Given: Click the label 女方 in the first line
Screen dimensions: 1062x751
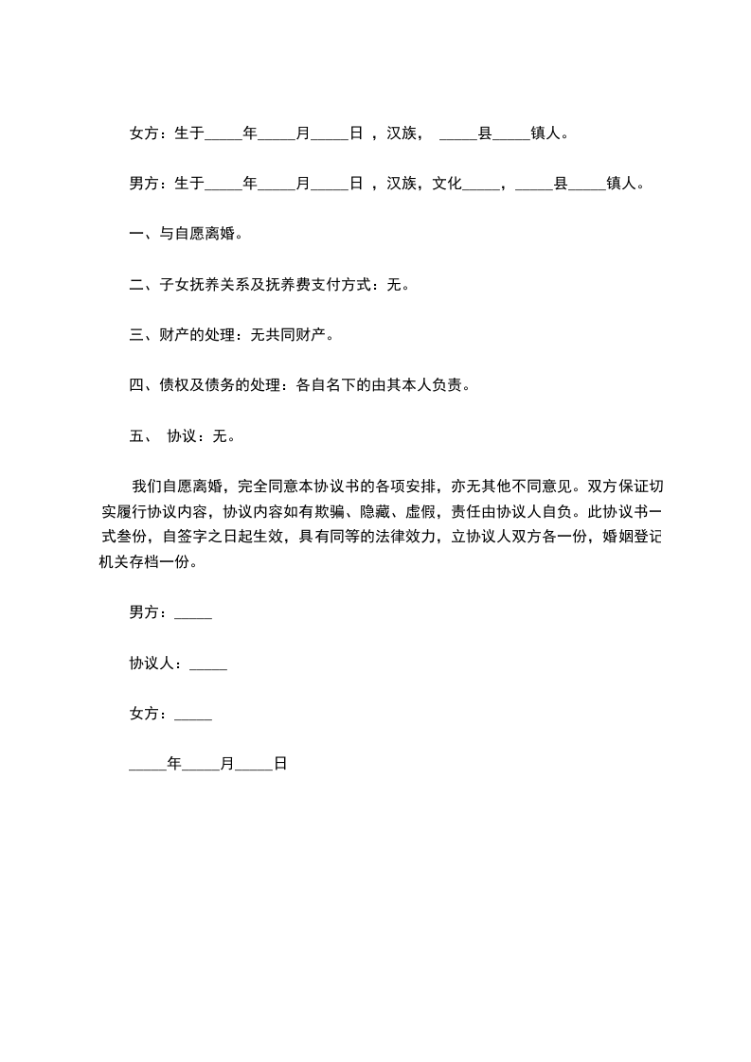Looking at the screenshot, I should click(x=144, y=134).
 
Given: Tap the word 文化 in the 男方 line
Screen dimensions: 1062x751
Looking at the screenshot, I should click(x=447, y=184).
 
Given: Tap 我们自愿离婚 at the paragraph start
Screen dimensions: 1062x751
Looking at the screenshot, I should click(x=177, y=487).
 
